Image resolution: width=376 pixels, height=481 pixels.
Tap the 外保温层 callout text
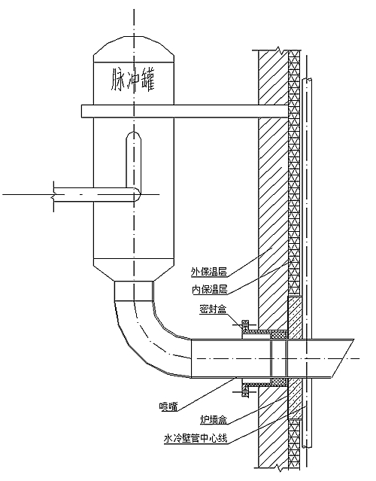point(209,271)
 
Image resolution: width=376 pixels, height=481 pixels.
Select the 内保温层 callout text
point(210,289)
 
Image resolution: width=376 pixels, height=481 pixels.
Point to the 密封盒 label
point(213,309)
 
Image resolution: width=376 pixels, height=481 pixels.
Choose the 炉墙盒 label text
point(214,419)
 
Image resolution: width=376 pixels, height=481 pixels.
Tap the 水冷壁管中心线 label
point(196,439)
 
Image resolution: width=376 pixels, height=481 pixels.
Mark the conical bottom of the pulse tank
point(134,270)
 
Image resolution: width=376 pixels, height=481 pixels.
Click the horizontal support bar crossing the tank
point(185,111)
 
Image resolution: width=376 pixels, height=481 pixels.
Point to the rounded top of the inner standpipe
point(134,135)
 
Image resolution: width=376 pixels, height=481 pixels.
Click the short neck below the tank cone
point(134,291)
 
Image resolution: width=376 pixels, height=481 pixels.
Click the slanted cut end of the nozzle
point(342,358)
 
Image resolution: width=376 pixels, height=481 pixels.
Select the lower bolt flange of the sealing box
point(245,391)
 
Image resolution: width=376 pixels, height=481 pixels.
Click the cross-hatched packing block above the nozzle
point(279,335)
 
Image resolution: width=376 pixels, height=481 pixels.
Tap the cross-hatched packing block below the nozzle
point(279,382)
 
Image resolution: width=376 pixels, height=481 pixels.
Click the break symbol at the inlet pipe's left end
point(53,194)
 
